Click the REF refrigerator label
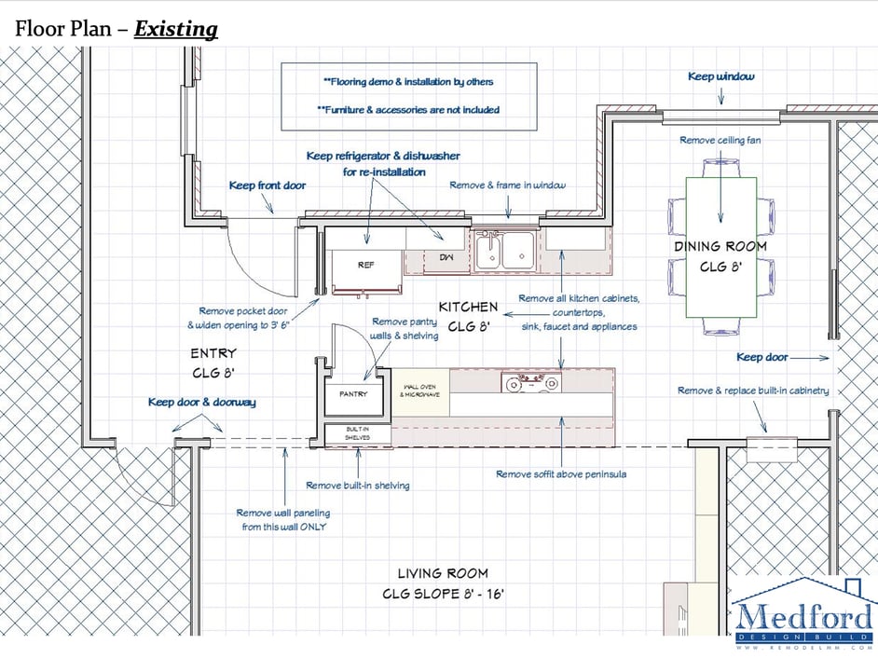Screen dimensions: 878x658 tap(365, 265)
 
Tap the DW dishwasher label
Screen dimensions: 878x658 tap(446, 257)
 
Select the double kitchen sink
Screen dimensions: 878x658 tap(504, 251)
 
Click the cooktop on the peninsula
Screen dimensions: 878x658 tap(531, 382)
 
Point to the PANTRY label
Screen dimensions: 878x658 tap(353, 393)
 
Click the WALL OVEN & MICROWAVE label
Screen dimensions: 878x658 tap(420, 391)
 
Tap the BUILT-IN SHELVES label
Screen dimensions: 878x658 tap(357, 432)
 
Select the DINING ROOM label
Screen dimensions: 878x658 tap(720, 246)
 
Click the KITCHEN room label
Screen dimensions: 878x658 tap(468, 307)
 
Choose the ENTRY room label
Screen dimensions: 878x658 tap(213, 353)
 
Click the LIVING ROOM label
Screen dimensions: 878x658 tap(443, 573)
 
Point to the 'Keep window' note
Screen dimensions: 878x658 tap(721, 76)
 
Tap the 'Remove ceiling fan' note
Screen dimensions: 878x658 tap(720, 140)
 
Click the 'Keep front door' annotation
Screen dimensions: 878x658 tap(268, 185)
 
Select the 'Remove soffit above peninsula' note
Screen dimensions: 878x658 tap(561, 474)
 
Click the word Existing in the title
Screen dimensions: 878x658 tap(176, 29)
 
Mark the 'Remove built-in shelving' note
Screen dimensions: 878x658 tap(358, 486)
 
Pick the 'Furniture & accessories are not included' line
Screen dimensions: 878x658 tap(408, 110)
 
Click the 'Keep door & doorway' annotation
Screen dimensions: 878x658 tap(202, 402)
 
